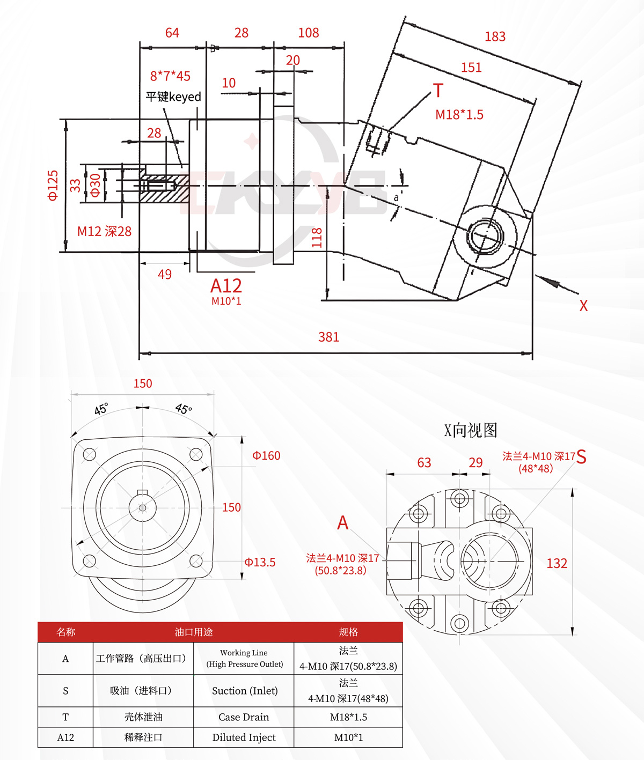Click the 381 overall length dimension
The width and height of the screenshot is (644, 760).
(x=328, y=337)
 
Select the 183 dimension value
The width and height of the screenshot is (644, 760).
(x=495, y=36)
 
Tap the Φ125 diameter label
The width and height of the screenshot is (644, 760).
(x=53, y=186)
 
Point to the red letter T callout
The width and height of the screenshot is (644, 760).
(x=438, y=91)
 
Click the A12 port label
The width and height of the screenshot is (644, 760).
(x=226, y=286)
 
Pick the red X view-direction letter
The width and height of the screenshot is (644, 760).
(x=583, y=306)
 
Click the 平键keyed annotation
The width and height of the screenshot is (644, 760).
(x=173, y=97)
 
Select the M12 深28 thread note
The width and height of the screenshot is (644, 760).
(x=104, y=231)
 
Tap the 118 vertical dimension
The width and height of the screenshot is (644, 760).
(x=317, y=238)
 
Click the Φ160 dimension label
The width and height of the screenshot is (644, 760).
(x=266, y=455)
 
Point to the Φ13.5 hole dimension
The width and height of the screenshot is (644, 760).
(x=260, y=562)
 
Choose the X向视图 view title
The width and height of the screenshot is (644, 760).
(x=471, y=430)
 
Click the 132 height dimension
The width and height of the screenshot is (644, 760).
(x=557, y=563)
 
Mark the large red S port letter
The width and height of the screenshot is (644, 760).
(x=581, y=457)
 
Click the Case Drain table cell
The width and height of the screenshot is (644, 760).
(x=244, y=717)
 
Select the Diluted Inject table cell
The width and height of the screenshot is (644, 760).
(x=244, y=737)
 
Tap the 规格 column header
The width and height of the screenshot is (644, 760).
(x=348, y=632)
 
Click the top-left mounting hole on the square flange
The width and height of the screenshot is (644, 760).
(x=90, y=454)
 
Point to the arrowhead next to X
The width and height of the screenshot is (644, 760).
(x=552, y=282)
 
